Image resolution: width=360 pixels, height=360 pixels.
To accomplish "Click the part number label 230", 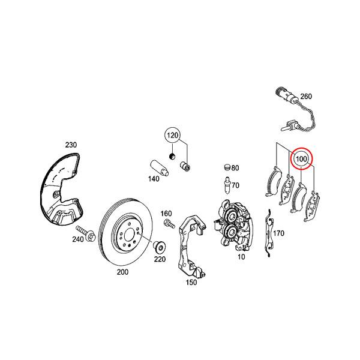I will point(71,145).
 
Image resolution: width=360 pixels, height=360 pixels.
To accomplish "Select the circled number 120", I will point(173,135).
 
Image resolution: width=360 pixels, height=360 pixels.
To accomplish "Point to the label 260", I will point(306,97).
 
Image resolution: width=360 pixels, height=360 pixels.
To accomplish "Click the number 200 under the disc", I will point(122,272).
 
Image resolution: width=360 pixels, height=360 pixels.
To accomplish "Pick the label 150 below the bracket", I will point(191,281).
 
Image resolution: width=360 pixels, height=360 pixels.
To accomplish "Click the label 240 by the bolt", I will point(78,239).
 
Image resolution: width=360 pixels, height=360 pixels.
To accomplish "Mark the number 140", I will point(154,179).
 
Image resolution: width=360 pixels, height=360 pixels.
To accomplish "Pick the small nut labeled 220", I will point(160,247).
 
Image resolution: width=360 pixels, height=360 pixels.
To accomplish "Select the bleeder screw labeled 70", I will point(227,185).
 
